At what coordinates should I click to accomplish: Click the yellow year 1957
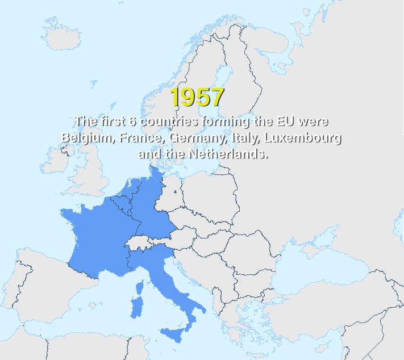click(198, 97)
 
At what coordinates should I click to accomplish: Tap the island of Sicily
click(174, 333)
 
